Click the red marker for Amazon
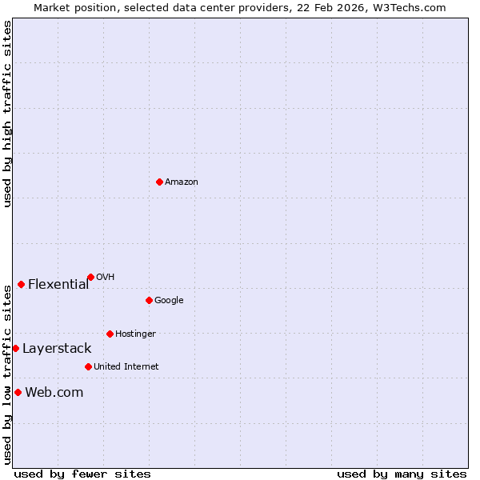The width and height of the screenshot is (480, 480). click(x=159, y=182)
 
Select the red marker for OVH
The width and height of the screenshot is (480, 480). click(x=90, y=277)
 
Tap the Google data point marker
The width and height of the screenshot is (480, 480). click(x=149, y=300)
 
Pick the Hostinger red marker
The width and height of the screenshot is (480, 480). click(x=110, y=334)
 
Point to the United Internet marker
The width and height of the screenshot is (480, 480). click(x=88, y=366)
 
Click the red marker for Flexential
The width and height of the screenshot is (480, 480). click(x=21, y=284)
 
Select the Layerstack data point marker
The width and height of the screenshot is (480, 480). click(x=15, y=348)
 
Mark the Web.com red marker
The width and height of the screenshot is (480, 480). click(x=18, y=392)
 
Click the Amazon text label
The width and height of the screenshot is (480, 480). click(x=182, y=182)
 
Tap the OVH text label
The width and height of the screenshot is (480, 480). click(x=106, y=278)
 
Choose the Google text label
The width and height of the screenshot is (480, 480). click(x=169, y=301)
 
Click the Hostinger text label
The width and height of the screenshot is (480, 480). click(x=135, y=334)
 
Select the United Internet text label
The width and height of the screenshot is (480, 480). click(x=126, y=367)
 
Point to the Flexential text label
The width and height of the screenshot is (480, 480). click(x=58, y=284)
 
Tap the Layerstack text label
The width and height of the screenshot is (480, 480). click(x=57, y=349)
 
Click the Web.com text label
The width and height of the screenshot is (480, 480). click(x=54, y=392)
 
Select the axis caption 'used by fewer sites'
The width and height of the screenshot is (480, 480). click(x=82, y=474)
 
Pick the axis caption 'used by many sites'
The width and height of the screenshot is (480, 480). click(x=402, y=474)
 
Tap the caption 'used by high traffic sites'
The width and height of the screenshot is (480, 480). click(x=7, y=114)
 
